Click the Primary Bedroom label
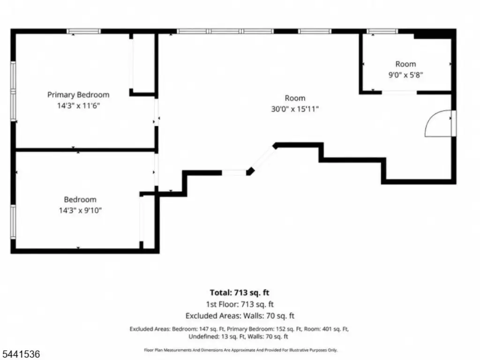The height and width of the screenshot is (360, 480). tap(78, 95)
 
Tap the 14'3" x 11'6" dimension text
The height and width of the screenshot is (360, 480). tap(79, 106)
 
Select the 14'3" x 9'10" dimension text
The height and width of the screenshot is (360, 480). tap(80, 210)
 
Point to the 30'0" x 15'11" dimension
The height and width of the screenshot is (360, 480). tap(295, 109)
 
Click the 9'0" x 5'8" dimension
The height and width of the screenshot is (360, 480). tap(405, 75)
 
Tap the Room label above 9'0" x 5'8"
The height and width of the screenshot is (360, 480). tap(405, 64)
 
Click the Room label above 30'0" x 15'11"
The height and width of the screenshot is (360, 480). tap(295, 98)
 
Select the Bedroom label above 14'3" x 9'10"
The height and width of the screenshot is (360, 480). tap(80, 200)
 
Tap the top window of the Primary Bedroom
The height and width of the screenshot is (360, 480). tap(83, 31)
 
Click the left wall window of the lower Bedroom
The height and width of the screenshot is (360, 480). tap(13, 222)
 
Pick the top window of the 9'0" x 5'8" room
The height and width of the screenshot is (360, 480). tap(382, 31)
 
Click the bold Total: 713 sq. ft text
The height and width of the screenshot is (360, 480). tap(240, 292)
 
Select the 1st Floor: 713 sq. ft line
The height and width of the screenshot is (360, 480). tap(240, 304)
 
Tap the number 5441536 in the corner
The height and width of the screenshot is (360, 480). tap(20, 354)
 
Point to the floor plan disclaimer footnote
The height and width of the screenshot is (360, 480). tap(240, 350)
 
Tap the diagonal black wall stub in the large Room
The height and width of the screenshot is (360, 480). tap(250, 171)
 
